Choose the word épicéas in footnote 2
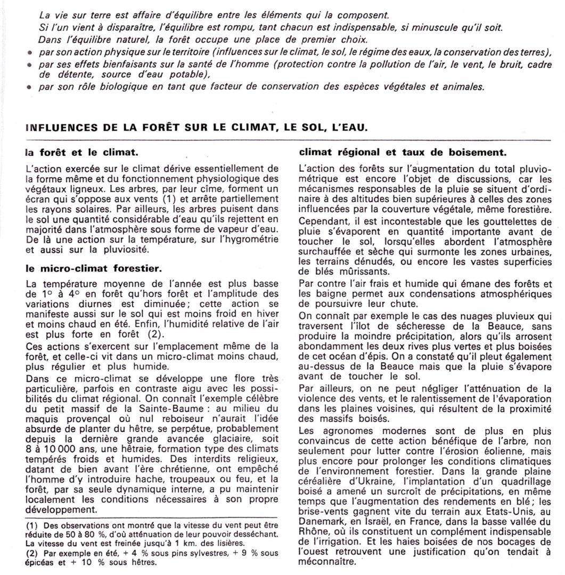(40, 562)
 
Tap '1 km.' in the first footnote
(176, 544)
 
